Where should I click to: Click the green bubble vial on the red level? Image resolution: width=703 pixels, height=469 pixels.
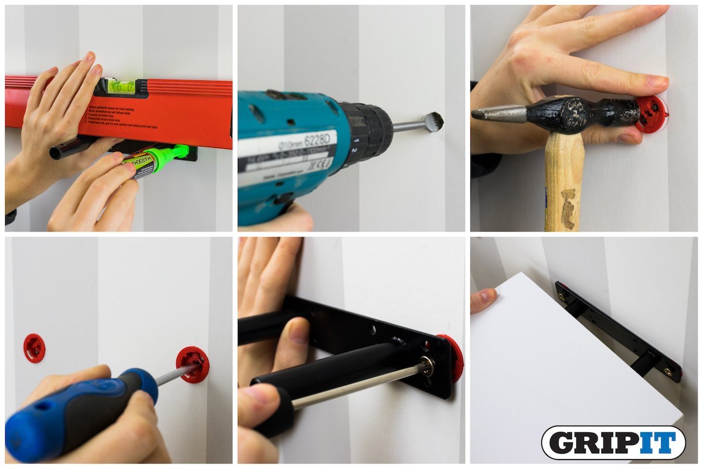pyautogui.click(x=122, y=86)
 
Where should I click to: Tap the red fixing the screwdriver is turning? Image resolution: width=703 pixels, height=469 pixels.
pyautogui.click(x=193, y=364)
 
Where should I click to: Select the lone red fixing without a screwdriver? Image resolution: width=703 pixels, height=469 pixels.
pyautogui.click(x=34, y=348)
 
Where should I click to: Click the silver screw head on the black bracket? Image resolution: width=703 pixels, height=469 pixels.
pyautogui.click(x=427, y=367)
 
